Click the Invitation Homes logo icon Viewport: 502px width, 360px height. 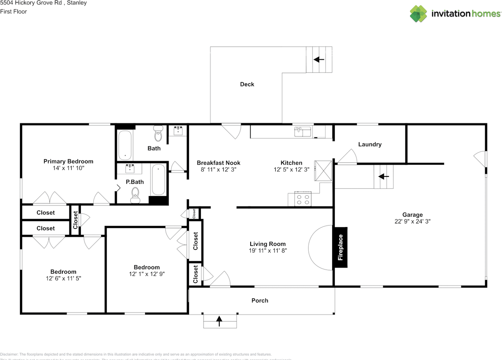418,14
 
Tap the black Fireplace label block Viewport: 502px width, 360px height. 340,247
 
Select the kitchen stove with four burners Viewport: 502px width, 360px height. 303,200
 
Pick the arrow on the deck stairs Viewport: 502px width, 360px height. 319,60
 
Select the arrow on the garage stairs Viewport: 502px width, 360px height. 384,176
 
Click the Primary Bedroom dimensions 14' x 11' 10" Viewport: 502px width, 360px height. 69,168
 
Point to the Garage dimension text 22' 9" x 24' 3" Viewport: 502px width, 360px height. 413,221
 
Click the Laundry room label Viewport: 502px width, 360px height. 369,144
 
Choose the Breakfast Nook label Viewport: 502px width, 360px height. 218,163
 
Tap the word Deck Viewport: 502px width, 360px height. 247,84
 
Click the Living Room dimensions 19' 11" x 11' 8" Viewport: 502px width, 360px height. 268,251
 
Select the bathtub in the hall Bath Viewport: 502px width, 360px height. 125,145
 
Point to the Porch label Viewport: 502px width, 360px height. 260,300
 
